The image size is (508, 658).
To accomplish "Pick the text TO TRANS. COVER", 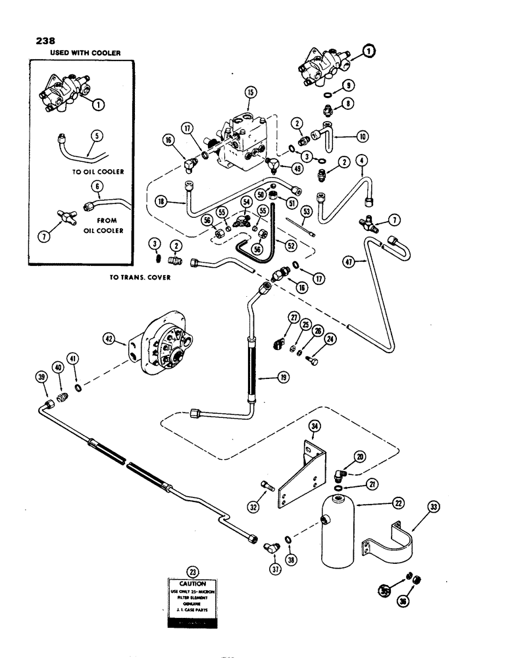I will (x=141, y=278).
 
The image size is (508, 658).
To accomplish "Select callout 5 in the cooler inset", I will (x=97, y=137).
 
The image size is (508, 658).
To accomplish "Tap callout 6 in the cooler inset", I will (x=97, y=188).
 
